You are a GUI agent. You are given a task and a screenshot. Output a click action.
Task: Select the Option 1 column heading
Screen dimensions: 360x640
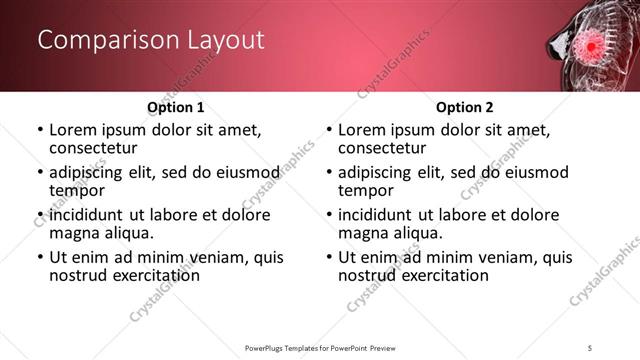click(x=175, y=107)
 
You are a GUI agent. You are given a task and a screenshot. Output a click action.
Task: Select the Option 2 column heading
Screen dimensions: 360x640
click(x=464, y=107)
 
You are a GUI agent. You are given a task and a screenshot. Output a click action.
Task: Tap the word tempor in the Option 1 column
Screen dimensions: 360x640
click(x=75, y=190)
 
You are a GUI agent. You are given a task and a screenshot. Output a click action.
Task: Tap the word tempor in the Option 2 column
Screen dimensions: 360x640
click(x=364, y=190)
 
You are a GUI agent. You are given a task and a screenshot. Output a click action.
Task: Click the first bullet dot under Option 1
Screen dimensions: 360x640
click(x=39, y=130)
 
